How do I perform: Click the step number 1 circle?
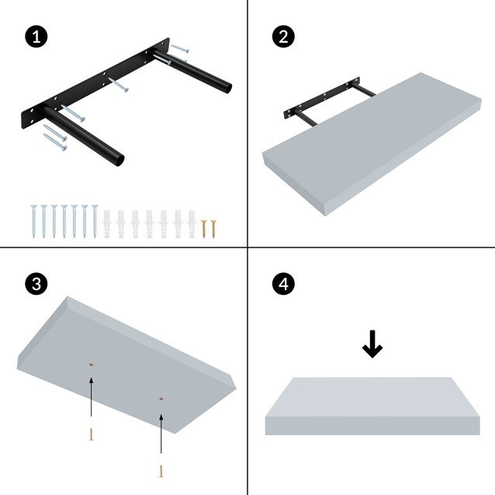point(34,36)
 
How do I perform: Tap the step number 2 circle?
point(284,36)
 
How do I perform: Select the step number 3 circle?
point(34,284)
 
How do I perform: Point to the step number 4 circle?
point(284,284)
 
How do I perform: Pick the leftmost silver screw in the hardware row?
point(34,220)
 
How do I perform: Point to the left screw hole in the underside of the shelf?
point(92,364)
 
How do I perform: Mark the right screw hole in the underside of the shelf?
point(161,399)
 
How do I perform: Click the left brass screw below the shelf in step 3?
point(92,434)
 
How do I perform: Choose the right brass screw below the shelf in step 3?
point(161,469)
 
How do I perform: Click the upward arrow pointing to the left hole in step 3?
point(92,400)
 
